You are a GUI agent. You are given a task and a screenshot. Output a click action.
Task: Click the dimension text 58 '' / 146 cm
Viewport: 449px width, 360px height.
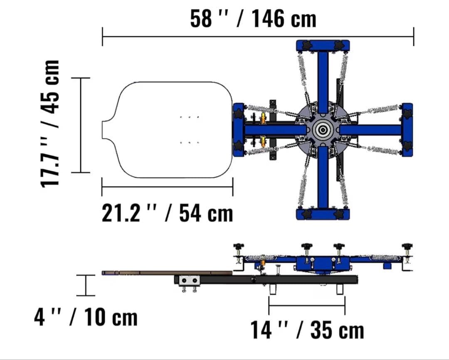[x=253, y=19]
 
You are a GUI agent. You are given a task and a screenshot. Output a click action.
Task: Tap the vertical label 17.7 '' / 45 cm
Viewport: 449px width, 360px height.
[x=50, y=124]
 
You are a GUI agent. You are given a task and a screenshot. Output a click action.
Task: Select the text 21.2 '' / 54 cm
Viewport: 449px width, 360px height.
[x=168, y=213]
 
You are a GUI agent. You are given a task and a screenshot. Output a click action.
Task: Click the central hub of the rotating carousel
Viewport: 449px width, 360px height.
[x=323, y=130]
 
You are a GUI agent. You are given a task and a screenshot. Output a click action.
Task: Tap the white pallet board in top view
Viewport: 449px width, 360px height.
[x=168, y=130]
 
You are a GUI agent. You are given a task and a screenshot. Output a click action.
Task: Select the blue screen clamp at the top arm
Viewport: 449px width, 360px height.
[x=323, y=46]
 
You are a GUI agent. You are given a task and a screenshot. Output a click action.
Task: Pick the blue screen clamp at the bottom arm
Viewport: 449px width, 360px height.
[x=323, y=214]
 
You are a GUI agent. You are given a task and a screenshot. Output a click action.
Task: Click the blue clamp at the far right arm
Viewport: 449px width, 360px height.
[x=407, y=130]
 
